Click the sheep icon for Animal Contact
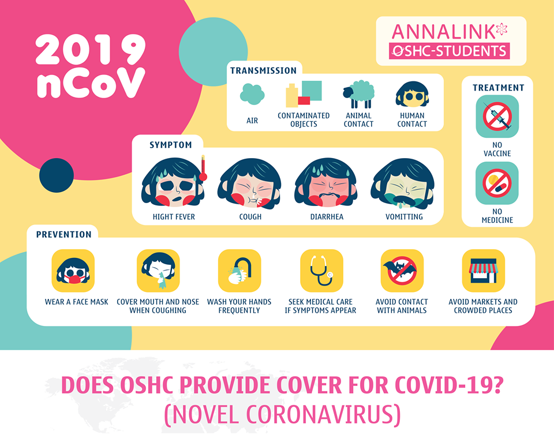click(x=358, y=94)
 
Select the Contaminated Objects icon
click(x=304, y=94)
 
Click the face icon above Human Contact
click(x=412, y=94)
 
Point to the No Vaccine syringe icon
click(x=497, y=116)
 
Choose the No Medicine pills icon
click(x=497, y=183)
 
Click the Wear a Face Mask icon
click(x=73, y=271)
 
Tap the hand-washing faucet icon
click(x=239, y=271)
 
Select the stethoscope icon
click(x=321, y=271)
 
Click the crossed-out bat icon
click(x=402, y=271)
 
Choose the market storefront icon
click(x=483, y=271)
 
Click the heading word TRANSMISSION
click(x=263, y=70)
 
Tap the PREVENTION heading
click(x=63, y=234)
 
